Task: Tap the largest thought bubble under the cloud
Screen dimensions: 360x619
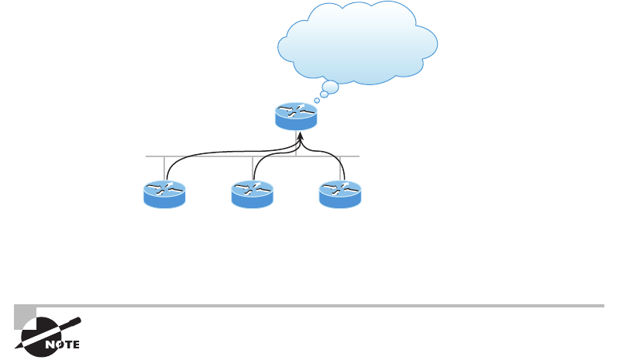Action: click(x=330, y=87)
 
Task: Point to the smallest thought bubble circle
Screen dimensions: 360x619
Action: click(x=317, y=101)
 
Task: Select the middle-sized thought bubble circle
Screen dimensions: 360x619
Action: click(x=324, y=94)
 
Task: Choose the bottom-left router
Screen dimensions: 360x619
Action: click(x=164, y=194)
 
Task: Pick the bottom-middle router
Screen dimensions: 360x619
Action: click(x=253, y=194)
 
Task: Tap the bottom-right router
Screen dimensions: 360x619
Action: click(x=341, y=194)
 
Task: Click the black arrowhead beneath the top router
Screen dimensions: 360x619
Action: click(x=300, y=136)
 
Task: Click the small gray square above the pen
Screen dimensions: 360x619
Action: click(x=25, y=315)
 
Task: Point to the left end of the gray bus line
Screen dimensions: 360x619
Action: click(x=146, y=156)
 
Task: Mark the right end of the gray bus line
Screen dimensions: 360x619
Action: click(x=359, y=156)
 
